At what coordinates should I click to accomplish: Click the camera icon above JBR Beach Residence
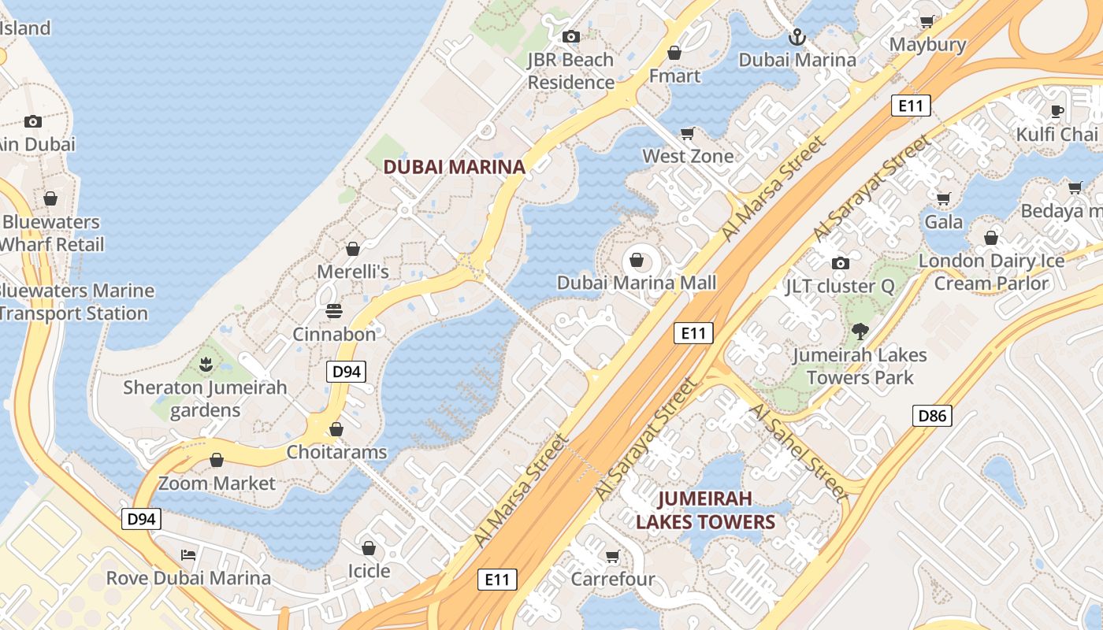(x=570, y=36)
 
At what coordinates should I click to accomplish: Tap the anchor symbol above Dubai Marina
(x=797, y=37)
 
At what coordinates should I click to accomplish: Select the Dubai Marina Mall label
(x=637, y=283)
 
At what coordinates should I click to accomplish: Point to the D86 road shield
(x=932, y=416)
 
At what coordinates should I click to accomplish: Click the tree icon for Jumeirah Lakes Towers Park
(x=860, y=332)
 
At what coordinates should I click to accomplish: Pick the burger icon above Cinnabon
(x=334, y=311)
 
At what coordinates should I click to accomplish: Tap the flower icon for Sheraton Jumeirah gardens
(x=206, y=365)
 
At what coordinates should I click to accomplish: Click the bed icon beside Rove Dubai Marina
(x=188, y=554)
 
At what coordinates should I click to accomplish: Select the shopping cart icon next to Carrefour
(x=613, y=557)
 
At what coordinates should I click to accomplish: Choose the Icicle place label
(x=369, y=570)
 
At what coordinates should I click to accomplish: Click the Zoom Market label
(x=217, y=483)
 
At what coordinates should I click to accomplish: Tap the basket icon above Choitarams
(x=336, y=429)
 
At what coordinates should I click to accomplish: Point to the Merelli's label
(x=353, y=272)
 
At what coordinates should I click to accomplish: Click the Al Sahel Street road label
(x=797, y=452)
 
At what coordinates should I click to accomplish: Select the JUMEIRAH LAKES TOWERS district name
(x=706, y=510)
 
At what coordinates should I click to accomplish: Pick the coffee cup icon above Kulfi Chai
(x=1057, y=111)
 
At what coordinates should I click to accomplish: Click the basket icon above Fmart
(x=674, y=53)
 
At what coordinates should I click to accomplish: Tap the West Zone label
(x=688, y=156)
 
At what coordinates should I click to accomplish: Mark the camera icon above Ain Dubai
(x=32, y=121)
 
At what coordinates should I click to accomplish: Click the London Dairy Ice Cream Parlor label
(x=991, y=272)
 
